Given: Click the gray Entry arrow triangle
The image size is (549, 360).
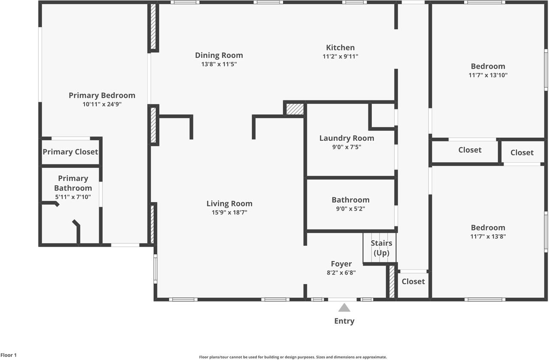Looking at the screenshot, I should point(344,308).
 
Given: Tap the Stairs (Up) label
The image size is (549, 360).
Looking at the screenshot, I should point(381,248).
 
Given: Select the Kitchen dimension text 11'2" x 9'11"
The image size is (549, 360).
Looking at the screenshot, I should point(340,56).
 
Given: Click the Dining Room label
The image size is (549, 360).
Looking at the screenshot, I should point(219,55).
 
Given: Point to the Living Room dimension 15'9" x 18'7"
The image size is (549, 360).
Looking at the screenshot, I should point(229,212).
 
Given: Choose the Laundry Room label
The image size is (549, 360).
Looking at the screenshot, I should point(347,138).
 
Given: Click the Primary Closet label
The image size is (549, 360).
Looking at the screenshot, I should point(70,152).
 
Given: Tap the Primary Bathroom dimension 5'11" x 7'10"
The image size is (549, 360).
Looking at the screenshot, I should point(73,197).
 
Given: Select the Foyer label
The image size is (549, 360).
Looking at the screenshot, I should point(341,264).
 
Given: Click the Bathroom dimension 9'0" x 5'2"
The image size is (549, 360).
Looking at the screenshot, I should point(350,209).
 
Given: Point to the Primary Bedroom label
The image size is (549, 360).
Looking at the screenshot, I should point(102,95).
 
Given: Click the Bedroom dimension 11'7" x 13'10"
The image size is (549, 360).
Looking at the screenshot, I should point(488,75).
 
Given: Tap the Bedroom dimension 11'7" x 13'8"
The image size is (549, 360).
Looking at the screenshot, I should point(488,236).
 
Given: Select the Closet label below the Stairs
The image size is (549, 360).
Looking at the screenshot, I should point(413,281).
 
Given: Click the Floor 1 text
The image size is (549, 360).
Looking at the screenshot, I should point(9,355).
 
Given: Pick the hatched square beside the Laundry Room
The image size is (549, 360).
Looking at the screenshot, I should point(295,109).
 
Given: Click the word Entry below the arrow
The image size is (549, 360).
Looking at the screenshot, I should point(344,321).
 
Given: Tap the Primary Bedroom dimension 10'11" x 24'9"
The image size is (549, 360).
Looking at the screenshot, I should point(102,104).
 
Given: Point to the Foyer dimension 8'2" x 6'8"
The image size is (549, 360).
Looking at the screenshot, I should point(341,272).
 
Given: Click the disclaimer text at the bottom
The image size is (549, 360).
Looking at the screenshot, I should point(293,357).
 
